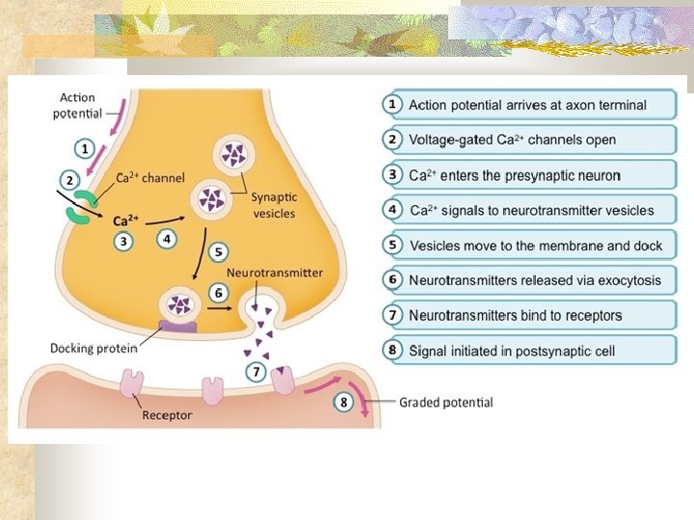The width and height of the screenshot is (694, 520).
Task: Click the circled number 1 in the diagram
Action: pyautogui.click(x=85, y=149)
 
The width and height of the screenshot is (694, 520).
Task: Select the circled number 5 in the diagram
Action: pyautogui.click(x=219, y=252)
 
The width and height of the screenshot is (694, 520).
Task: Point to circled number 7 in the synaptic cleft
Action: pyautogui.click(x=256, y=371)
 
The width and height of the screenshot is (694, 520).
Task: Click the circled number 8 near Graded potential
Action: pyautogui.click(x=343, y=403)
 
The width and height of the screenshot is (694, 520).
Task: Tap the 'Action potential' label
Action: pyautogui.click(x=77, y=105)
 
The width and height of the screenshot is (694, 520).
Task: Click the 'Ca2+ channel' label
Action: pyautogui.click(x=137, y=176)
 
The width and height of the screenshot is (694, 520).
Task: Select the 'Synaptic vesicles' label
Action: pyautogui.click(x=274, y=205)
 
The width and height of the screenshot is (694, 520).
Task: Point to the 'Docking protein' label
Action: pyautogui.click(x=94, y=348)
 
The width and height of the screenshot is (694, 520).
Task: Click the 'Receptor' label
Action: pyautogui.click(x=167, y=416)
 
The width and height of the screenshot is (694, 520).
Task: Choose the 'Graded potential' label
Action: pyautogui.click(x=445, y=403)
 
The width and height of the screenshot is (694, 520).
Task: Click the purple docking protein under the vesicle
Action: pyautogui.click(x=177, y=327)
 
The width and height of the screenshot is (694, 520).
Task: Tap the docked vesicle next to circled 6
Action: pyautogui.click(x=178, y=305)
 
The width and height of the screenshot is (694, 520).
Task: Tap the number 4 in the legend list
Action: pyautogui.click(x=393, y=210)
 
